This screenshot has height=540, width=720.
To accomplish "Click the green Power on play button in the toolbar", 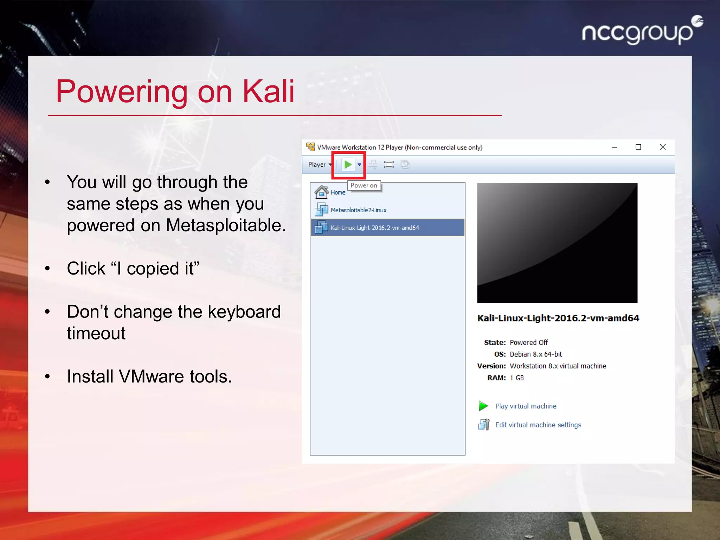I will click(348, 165).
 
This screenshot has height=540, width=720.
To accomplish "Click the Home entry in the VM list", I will click(337, 193).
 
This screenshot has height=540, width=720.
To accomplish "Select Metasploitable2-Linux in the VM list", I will click(358, 210).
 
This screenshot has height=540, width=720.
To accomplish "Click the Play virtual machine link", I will click(526, 406).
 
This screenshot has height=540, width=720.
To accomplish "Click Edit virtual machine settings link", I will click(538, 425).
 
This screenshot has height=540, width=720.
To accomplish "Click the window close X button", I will click(663, 147).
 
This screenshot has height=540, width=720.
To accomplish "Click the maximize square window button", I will click(638, 147).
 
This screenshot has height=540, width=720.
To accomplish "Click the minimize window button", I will click(614, 147).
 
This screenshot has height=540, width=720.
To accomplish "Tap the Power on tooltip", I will click(364, 185).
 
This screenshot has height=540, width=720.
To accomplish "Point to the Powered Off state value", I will click(529, 342).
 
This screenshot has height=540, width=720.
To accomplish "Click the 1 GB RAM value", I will click(517, 378).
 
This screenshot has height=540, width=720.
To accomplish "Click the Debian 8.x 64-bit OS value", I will click(536, 354).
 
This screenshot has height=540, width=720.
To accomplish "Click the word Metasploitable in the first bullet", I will click(225, 225).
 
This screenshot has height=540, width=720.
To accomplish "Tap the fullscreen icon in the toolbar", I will click(389, 165).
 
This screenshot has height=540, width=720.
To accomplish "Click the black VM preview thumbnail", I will click(557, 243).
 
